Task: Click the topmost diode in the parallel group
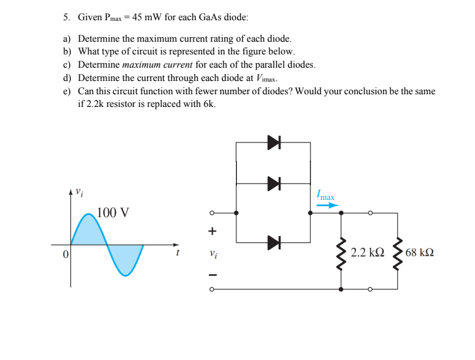[x=273, y=142]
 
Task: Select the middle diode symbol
[x=273, y=183]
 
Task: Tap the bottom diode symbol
[x=273, y=242]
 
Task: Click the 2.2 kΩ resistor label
[x=367, y=252]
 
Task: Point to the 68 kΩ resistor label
[x=419, y=252]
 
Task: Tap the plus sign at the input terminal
[x=213, y=232]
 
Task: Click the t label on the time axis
[x=178, y=252]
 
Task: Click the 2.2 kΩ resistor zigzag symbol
[x=343, y=252]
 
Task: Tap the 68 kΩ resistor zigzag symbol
[x=398, y=252]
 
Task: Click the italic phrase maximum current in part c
[x=157, y=65]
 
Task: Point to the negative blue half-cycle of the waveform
[x=125, y=258]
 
